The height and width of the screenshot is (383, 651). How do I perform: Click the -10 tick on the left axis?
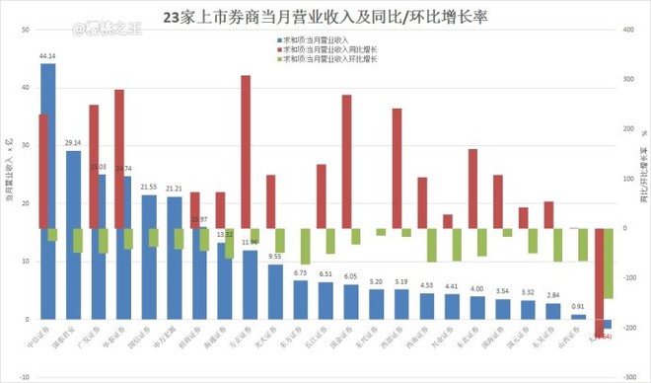[23, 377]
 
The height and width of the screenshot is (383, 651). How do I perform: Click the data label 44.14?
[46, 56]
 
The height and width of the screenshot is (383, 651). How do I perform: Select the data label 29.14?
[73, 143]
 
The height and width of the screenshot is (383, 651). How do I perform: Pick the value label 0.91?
[578, 307]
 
